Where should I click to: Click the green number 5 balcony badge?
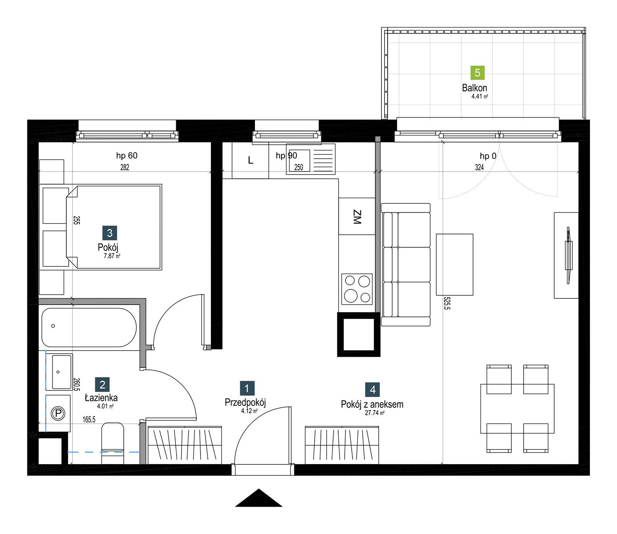pos(477,73)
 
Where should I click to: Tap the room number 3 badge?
pos(110,233)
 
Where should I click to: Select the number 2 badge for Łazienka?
pos(102,385)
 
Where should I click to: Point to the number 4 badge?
pos(373,390)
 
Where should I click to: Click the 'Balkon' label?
pos(475,88)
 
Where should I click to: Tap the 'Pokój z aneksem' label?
pos(372,404)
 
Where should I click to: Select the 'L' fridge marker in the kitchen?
pos(251,160)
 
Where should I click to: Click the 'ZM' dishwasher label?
pos(357,217)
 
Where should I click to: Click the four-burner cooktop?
pos(357,289)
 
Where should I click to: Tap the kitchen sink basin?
pos(300,160)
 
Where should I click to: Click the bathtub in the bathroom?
pos(89,327)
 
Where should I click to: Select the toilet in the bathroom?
pos(113,443)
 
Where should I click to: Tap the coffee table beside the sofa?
pos(455,264)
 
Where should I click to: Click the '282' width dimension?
pos(125,167)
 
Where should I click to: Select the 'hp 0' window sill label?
pos(488,156)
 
